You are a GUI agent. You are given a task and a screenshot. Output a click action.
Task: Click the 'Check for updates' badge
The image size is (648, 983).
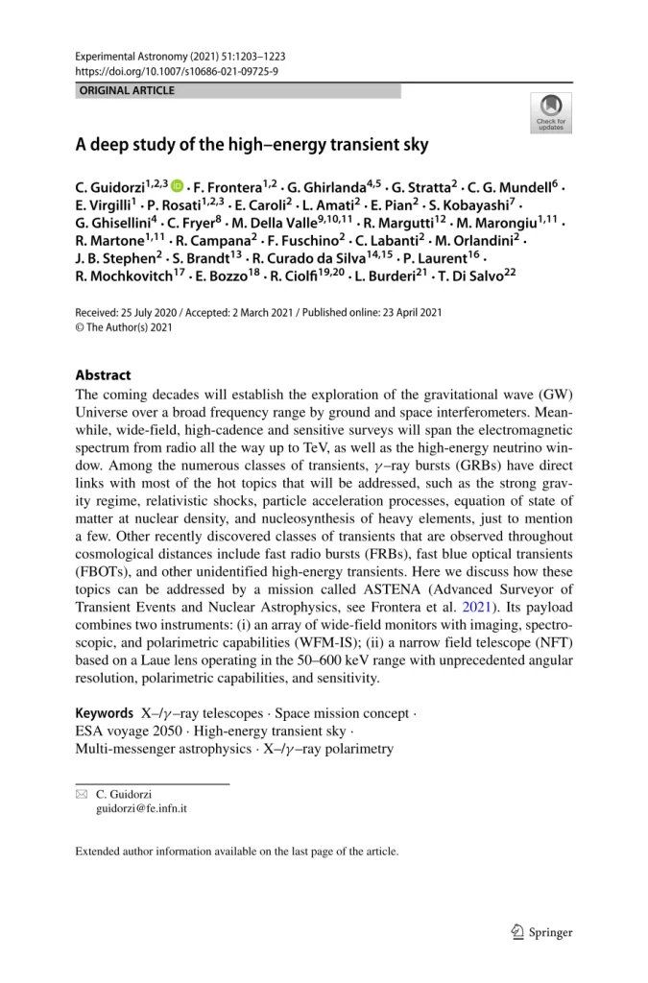(x=551, y=112)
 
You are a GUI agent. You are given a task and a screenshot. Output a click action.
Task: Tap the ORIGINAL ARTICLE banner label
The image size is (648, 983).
(x=128, y=91)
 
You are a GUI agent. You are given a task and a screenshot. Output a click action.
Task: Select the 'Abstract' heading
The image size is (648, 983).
(x=103, y=374)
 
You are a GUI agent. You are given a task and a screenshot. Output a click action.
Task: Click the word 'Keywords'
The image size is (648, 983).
(x=104, y=714)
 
